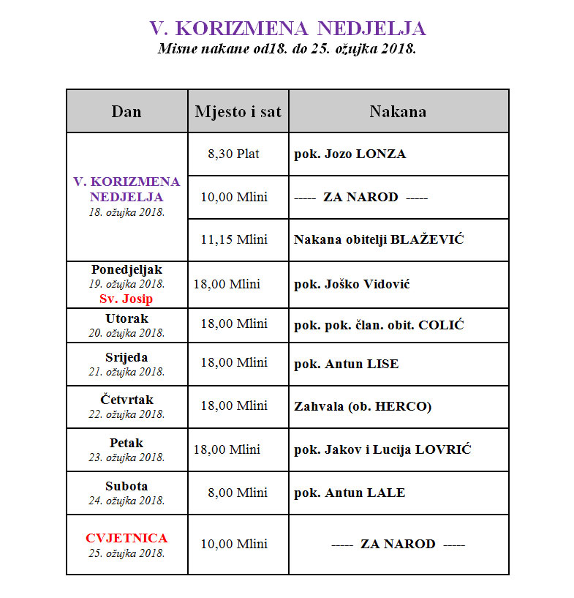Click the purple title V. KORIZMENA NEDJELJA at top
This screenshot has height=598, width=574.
[287, 29]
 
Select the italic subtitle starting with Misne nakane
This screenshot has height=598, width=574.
[287, 49]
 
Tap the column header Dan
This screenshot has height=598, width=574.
[126, 111]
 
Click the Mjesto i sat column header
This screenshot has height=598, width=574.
[238, 111]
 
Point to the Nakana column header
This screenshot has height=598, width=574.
[398, 111]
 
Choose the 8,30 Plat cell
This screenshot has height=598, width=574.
[233, 154]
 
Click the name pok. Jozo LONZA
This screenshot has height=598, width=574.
[350, 154]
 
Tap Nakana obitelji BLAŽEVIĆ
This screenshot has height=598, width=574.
[379, 239]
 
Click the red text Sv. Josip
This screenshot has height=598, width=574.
[126, 299]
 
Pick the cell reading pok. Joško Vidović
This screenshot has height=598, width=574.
[352, 284]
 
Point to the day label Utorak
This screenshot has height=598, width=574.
[126, 319]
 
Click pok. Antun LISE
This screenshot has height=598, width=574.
[346, 364]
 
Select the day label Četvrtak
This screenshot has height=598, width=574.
[126, 400]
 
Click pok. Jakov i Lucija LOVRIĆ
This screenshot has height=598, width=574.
[382, 449]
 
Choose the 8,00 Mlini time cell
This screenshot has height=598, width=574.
[237, 493]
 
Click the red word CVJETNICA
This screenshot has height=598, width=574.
[126, 539]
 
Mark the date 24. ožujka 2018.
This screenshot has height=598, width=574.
[126, 501]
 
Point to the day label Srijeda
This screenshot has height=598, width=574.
[126, 358]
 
